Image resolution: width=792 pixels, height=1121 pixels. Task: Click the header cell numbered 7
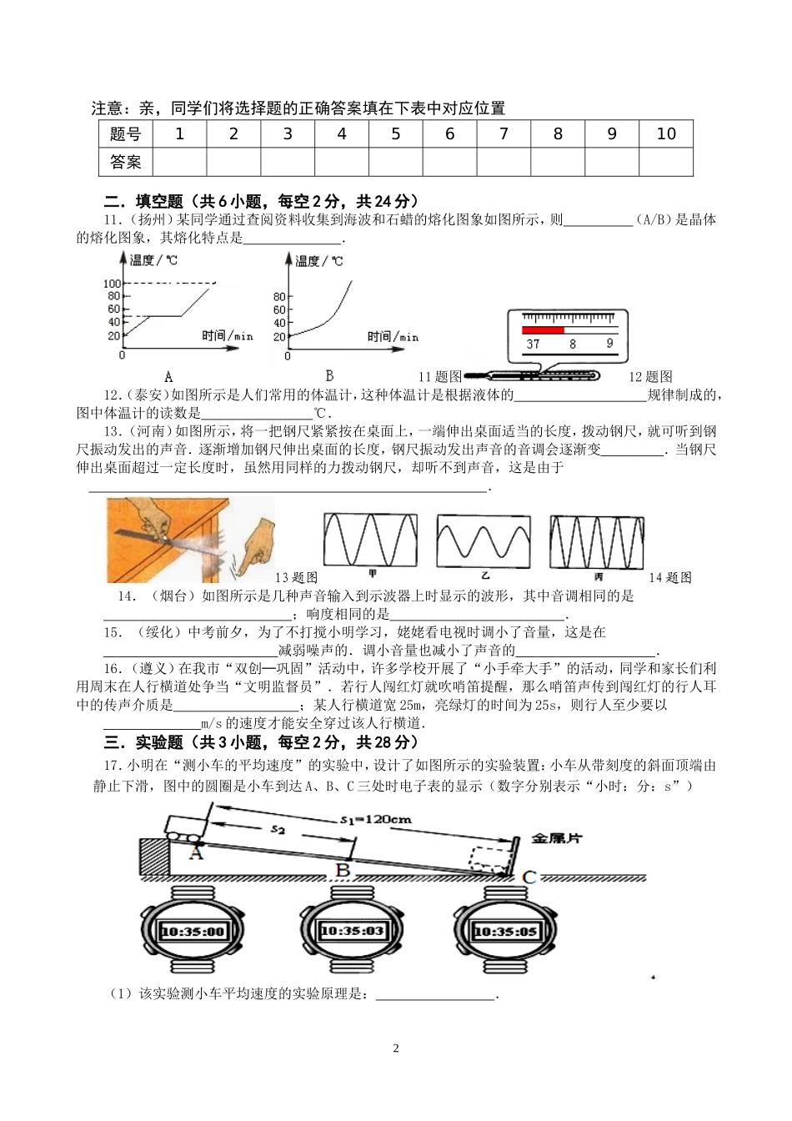(x=504, y=134)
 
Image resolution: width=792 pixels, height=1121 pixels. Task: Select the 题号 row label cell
(x=125, y=134)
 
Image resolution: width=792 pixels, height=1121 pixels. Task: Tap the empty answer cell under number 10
(x=666, y=162)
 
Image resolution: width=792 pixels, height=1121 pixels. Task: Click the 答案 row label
(x=125, y=162)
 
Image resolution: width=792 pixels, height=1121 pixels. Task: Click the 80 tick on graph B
(x=279, y=297)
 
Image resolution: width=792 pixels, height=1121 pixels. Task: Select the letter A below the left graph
(x=168, y=376)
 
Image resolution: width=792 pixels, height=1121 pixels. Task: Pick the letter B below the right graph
(x=329, y=375)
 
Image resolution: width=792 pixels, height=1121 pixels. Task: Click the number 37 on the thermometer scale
(x=533, y=343)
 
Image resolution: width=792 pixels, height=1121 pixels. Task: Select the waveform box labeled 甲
(x=370, y=540)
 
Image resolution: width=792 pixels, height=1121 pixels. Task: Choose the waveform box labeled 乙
(x=484, y=541)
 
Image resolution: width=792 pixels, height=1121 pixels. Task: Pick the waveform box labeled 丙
(x=596, y=541)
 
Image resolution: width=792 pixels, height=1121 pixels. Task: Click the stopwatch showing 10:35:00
(x=193, y=931)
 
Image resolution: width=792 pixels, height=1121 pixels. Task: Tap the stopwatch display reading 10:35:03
(x=351, y=931)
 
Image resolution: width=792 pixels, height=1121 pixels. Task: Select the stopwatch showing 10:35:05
(x=506, y=931)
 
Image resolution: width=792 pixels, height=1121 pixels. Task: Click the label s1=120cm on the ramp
(x=376, y=819)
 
